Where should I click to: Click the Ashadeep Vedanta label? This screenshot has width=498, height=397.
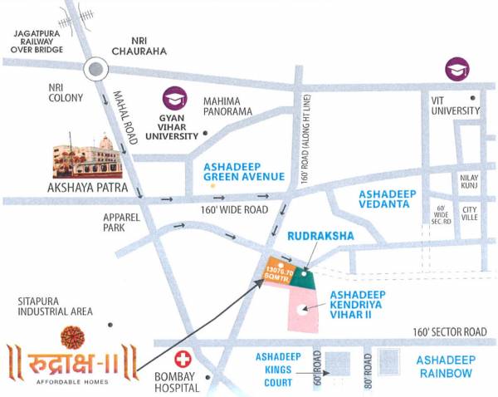[386, 198]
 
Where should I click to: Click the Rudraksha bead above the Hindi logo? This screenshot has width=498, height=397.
[72, 336]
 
